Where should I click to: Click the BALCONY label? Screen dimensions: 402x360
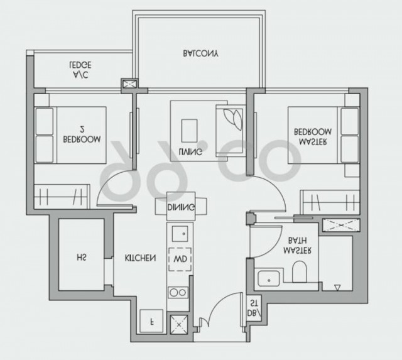coord(200,53)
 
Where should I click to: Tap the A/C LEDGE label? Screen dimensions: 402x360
coord(80,70)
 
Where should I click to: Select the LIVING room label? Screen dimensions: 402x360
coord(190,151)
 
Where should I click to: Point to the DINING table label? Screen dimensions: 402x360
coord(181,207)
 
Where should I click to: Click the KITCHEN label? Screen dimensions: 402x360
coord(140,258)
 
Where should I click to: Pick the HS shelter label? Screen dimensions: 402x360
coord(81,257)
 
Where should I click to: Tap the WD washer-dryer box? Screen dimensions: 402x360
coord(180,259)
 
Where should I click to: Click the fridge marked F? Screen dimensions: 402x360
coord(151,321)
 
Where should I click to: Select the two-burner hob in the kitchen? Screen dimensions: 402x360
coord(178,293)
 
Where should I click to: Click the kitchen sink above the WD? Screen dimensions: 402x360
coord(180,234)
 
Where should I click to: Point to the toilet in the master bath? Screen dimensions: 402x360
coord(300,272)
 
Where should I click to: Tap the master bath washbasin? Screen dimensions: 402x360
coord(268,279)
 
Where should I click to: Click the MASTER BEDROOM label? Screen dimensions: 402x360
coord(313,137)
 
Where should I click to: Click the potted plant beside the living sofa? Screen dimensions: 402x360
coord(233,119)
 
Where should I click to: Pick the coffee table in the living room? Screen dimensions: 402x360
coord(190,131)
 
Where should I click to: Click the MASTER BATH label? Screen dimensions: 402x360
coord(297,246)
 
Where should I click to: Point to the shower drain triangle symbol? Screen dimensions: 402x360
coord(337,288)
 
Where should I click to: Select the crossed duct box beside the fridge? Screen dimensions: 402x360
coord(179,325)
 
